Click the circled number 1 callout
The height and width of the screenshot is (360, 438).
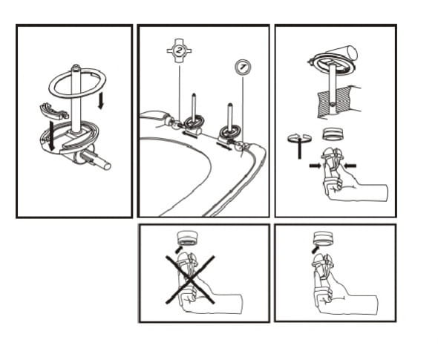[242, 68]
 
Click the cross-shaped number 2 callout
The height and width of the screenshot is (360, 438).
[179, 50]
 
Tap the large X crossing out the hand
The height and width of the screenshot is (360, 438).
[190, 279]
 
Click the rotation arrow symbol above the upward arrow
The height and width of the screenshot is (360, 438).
[299, 137]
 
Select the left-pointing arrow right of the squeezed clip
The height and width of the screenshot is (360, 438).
[350, 166]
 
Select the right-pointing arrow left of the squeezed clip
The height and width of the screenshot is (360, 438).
[316, 166]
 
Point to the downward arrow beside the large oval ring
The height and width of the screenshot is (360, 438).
[101, 100]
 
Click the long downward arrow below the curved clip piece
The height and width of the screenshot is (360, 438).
[52, 135]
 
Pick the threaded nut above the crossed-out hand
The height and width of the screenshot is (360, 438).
[187, 238]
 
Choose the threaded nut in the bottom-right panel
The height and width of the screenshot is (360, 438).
[323, 239]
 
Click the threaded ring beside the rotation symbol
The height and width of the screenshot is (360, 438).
[332, 134]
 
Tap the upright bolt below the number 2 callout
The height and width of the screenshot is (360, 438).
[194, 108]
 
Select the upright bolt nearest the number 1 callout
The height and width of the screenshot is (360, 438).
[230, 117]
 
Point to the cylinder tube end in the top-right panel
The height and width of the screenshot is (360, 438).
[352, 53]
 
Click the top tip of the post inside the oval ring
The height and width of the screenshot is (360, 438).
[76, 66]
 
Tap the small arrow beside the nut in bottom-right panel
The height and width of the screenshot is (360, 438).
[316, 249]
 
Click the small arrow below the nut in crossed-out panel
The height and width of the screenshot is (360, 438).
[178, 249]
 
